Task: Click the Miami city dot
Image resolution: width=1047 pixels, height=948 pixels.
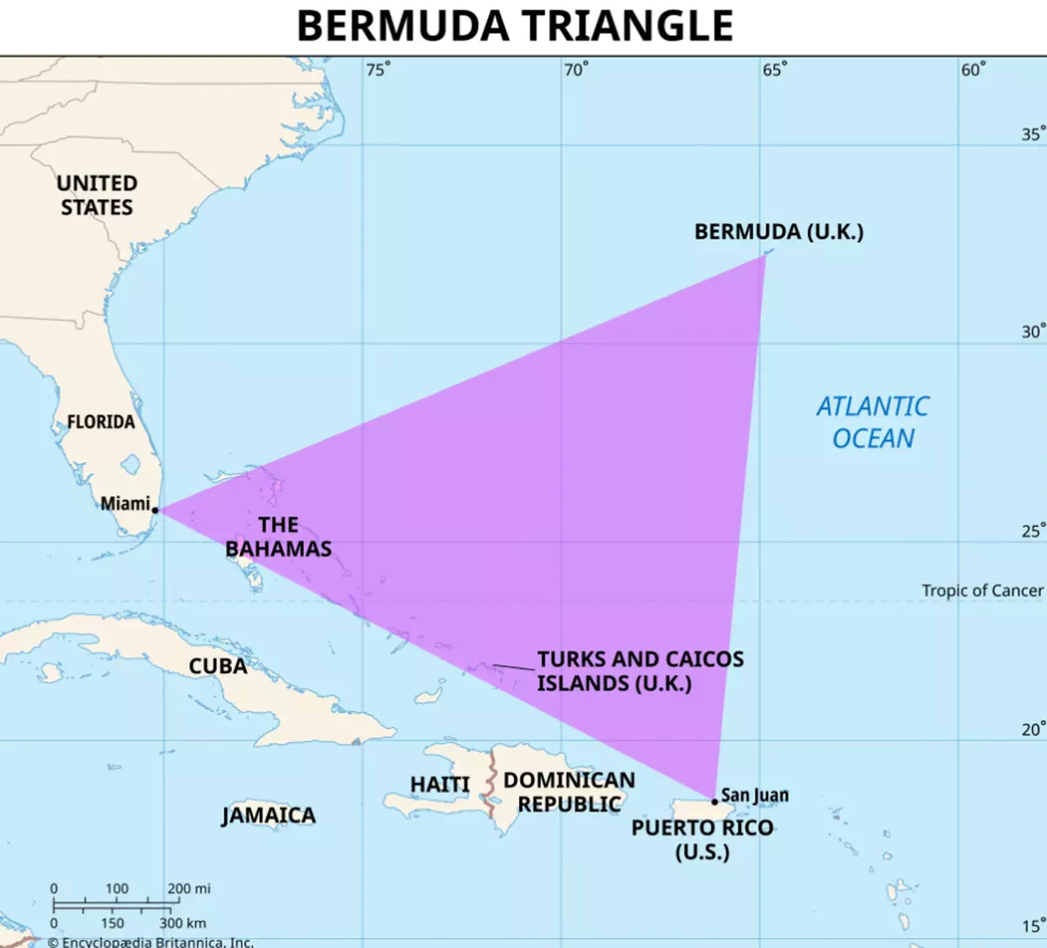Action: [x=155, y=510]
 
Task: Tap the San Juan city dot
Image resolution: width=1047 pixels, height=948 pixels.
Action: [x=715, y=801]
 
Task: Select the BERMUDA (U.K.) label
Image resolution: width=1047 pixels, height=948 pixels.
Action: [x=778, y=232]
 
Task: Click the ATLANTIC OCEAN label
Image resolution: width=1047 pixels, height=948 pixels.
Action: [x=872, y=422]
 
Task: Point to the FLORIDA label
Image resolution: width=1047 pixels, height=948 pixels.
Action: [x=101, y=422]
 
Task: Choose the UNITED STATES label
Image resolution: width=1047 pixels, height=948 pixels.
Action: [x=97, y=195]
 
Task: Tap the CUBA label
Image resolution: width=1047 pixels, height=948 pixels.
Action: [x=218, y=666]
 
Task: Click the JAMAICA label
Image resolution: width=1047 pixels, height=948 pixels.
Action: [x=269, y=815]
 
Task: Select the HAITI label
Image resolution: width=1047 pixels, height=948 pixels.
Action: [x=440, y=785]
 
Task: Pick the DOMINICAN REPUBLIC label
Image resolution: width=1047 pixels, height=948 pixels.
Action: [x=570, y=792]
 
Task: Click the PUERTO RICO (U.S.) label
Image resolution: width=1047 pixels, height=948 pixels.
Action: [x=702, y=839]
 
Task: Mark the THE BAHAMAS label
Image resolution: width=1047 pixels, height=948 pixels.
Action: [x=278, y=536]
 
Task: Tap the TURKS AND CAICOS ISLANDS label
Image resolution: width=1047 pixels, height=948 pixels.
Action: [x=640, y=671]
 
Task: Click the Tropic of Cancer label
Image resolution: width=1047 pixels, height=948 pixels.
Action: [x=982, y=590]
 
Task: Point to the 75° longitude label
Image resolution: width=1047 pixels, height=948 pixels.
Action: [x=378, y=70]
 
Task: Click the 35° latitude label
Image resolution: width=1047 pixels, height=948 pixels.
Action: [x=1033, y=134]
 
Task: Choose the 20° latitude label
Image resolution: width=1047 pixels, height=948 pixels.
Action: [x=1033, y=729]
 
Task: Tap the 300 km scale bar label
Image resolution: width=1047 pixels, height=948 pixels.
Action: [x=183, y=923]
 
